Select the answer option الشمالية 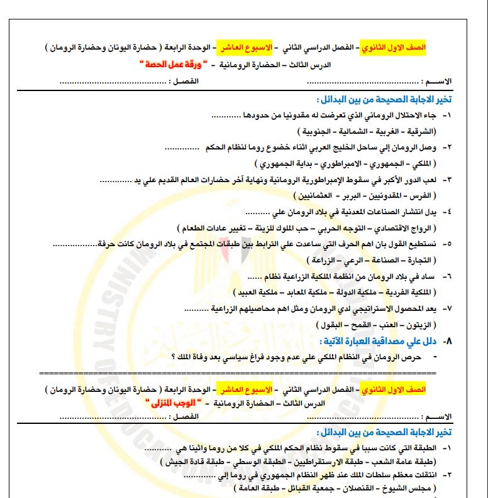coord(364,131)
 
